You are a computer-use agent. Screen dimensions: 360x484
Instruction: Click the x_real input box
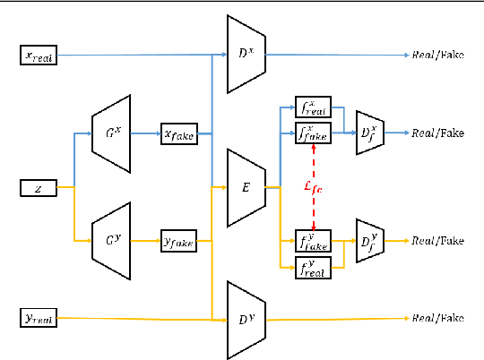[x=39, y=56]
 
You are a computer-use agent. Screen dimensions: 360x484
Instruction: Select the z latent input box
[x=39, y=188]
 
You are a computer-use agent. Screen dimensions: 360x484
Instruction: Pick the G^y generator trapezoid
[x=112, y=239]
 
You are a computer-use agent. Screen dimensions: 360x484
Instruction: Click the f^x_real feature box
[x=313, y=107]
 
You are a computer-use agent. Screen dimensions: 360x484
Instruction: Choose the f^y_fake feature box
[x=313, y=240]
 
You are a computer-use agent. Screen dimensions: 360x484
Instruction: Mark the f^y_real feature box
[x=313, y=266]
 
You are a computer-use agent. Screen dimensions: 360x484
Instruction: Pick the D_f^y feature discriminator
[x=369, y=240]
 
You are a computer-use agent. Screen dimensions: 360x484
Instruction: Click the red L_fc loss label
[x=314, y=186]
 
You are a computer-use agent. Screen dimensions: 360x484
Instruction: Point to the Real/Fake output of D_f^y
[x=437, y=240]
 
